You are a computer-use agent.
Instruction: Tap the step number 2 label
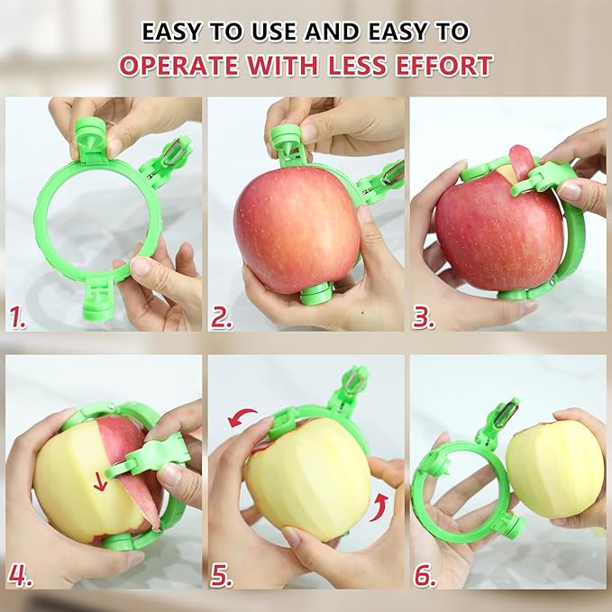(x=222, y=317)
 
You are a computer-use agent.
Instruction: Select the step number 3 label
(x=424, y=317)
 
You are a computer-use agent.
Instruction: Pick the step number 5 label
(x=222, y=573)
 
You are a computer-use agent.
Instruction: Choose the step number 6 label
(x=424, y=573)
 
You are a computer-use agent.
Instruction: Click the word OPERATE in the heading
(x=180, y=65)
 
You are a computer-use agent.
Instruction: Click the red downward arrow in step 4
(x=100, y=481)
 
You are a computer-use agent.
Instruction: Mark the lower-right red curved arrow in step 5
(x=380, y=502)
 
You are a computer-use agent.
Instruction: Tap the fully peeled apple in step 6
(x=553, y=468)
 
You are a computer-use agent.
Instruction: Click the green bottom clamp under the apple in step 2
(x=316, y=293)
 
